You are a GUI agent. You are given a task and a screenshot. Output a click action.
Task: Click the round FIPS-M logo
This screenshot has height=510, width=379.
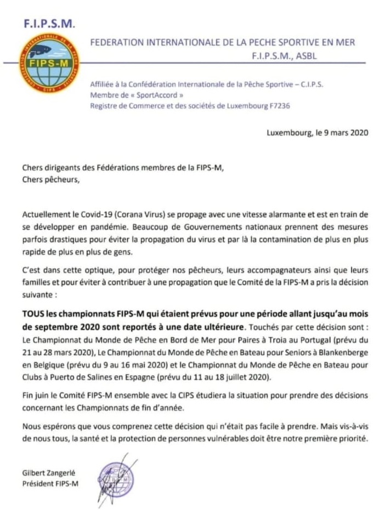44,63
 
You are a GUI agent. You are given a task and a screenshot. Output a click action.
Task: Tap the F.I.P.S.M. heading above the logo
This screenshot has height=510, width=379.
49,24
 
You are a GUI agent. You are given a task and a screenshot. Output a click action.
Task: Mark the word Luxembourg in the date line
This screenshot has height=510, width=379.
287,132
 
